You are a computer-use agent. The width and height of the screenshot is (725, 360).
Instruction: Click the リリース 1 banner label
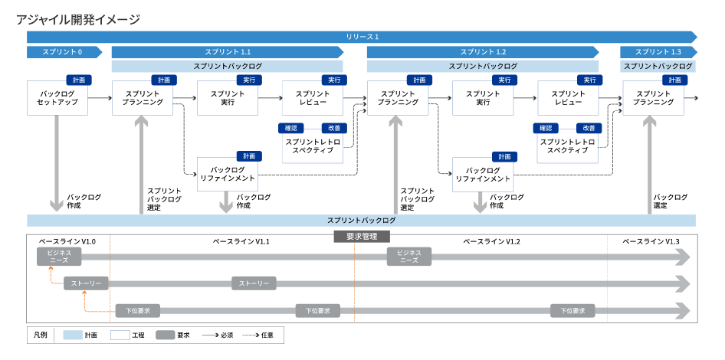point(362,36)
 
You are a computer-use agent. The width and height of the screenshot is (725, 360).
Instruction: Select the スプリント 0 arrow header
point(66,52)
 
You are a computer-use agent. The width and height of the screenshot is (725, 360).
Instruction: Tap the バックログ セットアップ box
point(57,97)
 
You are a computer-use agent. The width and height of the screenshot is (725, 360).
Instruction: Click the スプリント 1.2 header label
point(483,52)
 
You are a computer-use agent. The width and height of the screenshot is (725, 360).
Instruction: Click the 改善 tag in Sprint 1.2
point(589,128)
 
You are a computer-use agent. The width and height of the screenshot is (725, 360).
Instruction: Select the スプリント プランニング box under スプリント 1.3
point(654,97)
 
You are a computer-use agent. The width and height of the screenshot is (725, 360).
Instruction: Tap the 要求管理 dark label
point(362,237)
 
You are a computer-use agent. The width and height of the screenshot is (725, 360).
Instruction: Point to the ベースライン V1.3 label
point(651,241)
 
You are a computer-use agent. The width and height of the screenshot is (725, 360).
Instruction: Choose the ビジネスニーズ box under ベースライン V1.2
point(409,256)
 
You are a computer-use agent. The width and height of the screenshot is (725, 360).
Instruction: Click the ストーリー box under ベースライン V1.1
point(254,283)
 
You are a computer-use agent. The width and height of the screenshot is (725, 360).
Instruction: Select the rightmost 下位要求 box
point(572,310)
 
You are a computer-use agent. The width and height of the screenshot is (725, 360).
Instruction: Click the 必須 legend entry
point(219,335)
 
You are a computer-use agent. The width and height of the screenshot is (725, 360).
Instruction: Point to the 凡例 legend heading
point(41,335)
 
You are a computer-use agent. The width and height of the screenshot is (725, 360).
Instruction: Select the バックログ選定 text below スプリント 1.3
point(671,201)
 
